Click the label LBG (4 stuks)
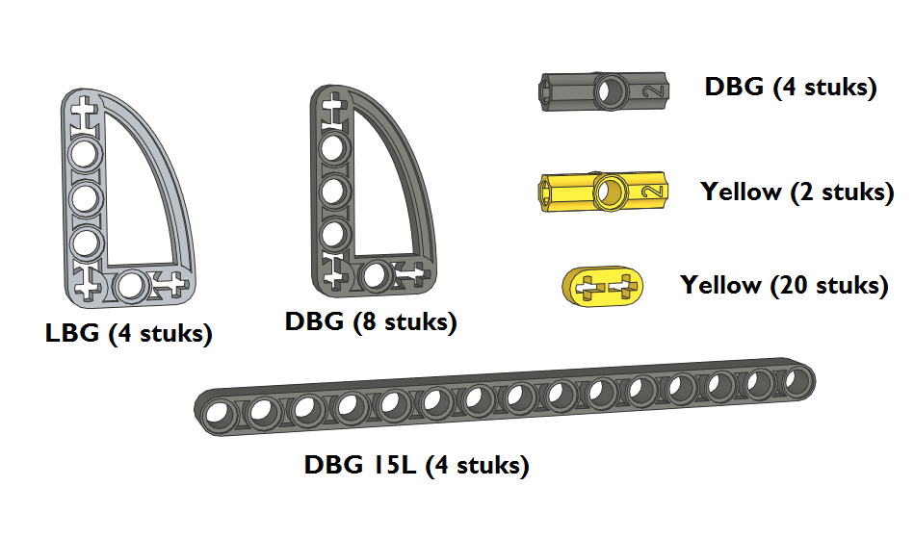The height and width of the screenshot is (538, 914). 129,334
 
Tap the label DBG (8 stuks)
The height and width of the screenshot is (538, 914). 371,322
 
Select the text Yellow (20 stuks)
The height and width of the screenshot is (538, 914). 785,285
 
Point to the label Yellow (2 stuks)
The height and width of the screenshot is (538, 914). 796,192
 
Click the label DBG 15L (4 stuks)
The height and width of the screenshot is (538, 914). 417,465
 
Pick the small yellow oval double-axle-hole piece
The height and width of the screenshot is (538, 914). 603,287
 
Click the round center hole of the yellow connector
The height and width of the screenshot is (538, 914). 611,192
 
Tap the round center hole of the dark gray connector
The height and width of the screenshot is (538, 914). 611,91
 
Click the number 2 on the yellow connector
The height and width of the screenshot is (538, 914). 653,191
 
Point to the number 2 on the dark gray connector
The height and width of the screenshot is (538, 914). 653,90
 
